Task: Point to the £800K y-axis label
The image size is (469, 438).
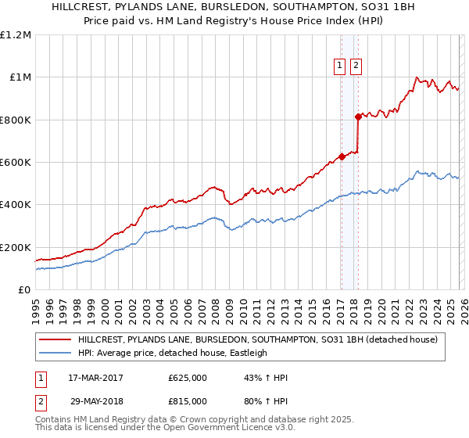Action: pos(15,120)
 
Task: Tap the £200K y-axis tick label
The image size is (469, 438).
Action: pos(15,247)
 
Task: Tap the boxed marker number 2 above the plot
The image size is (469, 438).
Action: pos(356,66)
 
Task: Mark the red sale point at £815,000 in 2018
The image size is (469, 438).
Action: pos(358,117)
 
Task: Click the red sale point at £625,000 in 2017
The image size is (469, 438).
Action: pos(342,156)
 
